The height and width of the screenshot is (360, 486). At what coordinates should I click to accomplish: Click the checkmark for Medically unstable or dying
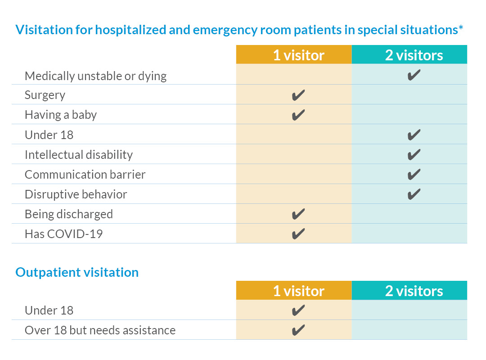pyautogui.click(x=414, y=75)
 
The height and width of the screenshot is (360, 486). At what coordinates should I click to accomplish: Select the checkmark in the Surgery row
pyautogui.click(x=298, y=95)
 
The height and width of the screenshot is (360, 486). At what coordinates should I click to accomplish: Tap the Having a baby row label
pyautogui.click(x=61, y=115)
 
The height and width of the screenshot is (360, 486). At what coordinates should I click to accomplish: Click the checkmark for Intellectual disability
pyautogui.click(x=414, y=155)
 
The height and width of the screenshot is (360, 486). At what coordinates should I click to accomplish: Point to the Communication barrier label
pyautogui.click(x=85, y=175)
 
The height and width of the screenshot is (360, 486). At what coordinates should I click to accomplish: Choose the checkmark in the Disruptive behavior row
pyautogui.click(x=414, y=194)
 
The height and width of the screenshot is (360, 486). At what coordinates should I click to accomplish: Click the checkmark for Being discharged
pyautogui.click(x=298, y=214)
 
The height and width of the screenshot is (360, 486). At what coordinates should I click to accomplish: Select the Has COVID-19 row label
pyautogui.click(x=63, y=234)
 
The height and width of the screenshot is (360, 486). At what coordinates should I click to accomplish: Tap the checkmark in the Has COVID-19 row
pyautogui.click(x=298, y=234)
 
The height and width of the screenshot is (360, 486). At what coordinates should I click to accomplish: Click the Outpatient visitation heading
pyautogui.click(x=77, y=272)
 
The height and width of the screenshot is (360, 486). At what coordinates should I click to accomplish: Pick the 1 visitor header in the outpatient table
pyautogui.click(x=298, y=291)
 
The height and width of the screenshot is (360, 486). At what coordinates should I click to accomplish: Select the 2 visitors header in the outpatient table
pyautogui.click(x=414, y=291)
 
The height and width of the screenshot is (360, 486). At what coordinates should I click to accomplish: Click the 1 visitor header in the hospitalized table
pyautogui.click(x=298, y=55)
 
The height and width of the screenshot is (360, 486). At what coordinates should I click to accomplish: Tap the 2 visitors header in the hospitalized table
pyautogui.click(x=414, y=55)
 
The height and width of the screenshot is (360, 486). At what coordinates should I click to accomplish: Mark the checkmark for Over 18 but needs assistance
pyautogui.click(x=298, y=330)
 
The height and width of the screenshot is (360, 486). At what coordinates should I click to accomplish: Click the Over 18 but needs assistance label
pyautogui.click(x=100, y=330)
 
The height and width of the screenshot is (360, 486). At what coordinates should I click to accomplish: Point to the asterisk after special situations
pyautogui.click(x=461, y=29)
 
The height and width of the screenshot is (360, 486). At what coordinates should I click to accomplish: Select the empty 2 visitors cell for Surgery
pyautogui.click(x=409, y=95)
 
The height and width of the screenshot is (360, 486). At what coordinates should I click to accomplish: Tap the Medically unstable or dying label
pyautogui.click(x=95, y=76)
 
